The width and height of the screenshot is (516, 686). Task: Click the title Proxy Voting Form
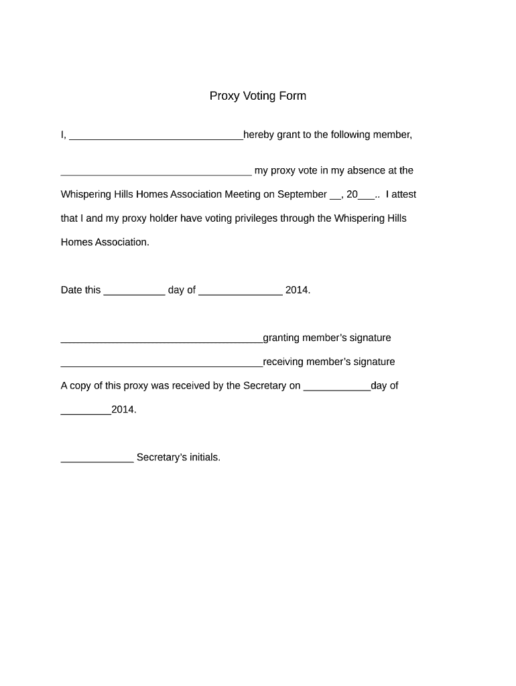pyautogui.click(x=257, y=96)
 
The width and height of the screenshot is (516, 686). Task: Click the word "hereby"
pyautogui.click(x=259, y=135)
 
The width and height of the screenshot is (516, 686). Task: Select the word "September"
pyautogui.click(x=302, y=194)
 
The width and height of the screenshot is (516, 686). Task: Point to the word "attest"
pyautogui.click(x=401, y=194)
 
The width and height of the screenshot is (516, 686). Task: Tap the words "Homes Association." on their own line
pyautogui.click(x=105, y=242)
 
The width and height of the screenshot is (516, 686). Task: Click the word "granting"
pyautogui.click(x=281, y=338)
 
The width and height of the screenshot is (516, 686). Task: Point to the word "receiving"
pyautogui.click(x=283, y=362)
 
